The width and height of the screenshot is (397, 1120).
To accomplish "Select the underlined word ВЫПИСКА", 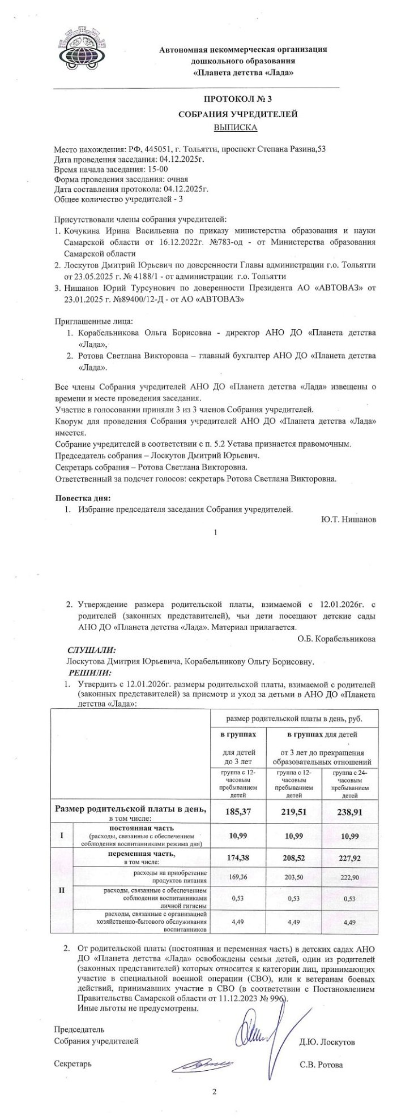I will point(235,127).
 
